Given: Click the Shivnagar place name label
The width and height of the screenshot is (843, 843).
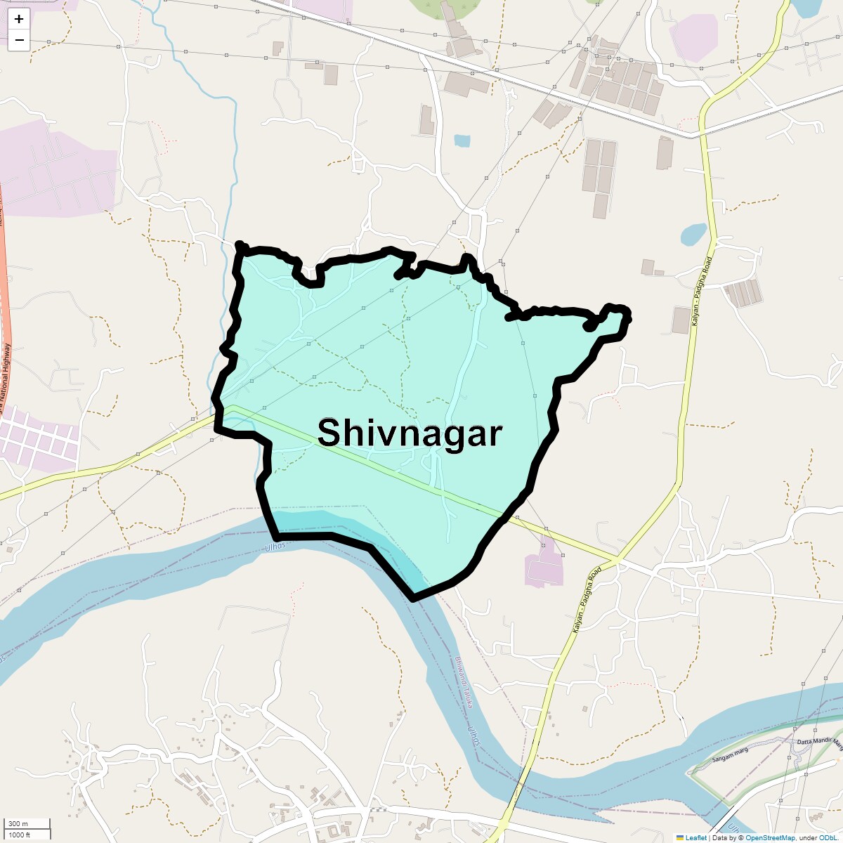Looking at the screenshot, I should (410, 433).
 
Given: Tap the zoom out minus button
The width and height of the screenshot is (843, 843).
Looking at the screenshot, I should (19, 40).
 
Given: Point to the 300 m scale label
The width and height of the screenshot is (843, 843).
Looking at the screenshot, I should (18, 824).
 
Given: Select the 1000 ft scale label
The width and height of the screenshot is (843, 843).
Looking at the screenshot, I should (20, 835).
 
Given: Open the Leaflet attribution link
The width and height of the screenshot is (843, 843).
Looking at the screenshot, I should (696, 837).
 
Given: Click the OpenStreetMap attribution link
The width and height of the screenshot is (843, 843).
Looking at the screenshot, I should (770, 837).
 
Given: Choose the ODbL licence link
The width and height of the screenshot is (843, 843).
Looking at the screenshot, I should (827, 837).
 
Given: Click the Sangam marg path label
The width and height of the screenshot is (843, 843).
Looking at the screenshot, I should (730, 754).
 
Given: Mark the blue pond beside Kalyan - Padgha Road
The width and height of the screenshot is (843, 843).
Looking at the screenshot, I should (694, 233).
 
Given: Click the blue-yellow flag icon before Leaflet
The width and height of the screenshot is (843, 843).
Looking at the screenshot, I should (679, 837).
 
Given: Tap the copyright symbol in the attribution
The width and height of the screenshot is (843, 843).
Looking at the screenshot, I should (740, 837).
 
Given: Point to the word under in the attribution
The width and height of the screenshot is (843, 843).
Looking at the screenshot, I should (807, 837).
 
